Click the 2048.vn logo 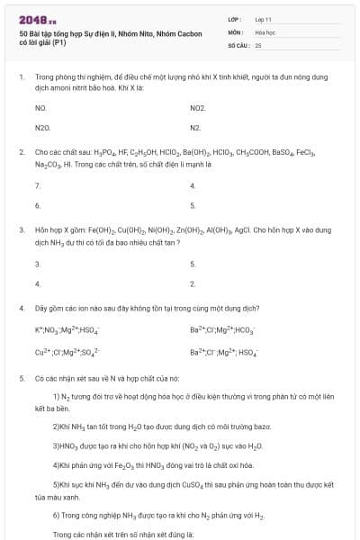coord(38,19)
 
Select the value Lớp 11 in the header coord(263,19)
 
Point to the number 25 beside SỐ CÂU coord(258,44)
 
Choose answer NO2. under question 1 coord(198,107)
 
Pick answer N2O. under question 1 coord(42,128)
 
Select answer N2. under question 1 coord(195,128)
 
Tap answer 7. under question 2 coord(38,185)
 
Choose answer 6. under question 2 coord(38,205)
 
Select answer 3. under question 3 coord(38,264)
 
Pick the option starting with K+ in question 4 coord(67,330)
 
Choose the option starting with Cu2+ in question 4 coord(67,352)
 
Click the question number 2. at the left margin coord(22,153)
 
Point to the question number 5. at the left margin coord(22,379)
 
